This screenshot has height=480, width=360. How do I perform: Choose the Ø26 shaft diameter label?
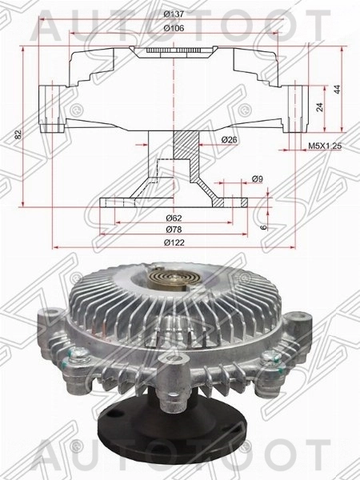pos(230,141)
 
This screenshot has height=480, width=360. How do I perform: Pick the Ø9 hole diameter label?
pos(257,178)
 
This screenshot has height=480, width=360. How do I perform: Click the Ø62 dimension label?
pos(174,218)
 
